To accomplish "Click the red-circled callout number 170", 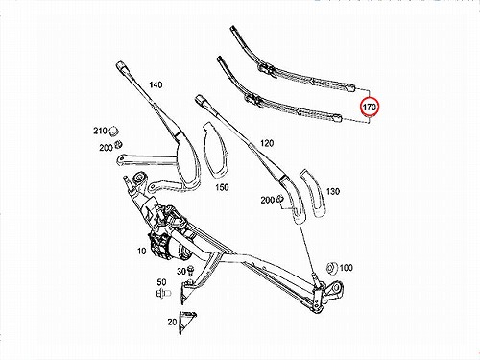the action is tap(370, 107).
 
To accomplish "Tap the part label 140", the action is tap(156, 84).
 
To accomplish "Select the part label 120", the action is tap(267, 143).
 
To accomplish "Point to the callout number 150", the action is tap(222, 187).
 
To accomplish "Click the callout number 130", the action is tap(333, 191).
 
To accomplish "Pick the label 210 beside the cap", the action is tap(100, 131).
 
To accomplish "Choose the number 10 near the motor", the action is tap(141, 252).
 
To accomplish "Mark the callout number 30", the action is tap(181, 272).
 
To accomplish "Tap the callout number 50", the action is tap(161, 282).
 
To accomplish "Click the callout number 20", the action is tap(172, 322).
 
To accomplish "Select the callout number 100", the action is tap(346, 268).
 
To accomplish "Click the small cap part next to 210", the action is tap(113, 131).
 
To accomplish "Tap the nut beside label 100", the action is tap(331, 268).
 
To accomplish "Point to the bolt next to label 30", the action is tap(191, 271).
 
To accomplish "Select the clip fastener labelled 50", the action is tap(163, 293).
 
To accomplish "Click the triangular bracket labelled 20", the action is tap(186, 323).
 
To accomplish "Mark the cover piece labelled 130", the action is tap(313, 194).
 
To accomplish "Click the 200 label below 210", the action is tap(106, 148).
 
